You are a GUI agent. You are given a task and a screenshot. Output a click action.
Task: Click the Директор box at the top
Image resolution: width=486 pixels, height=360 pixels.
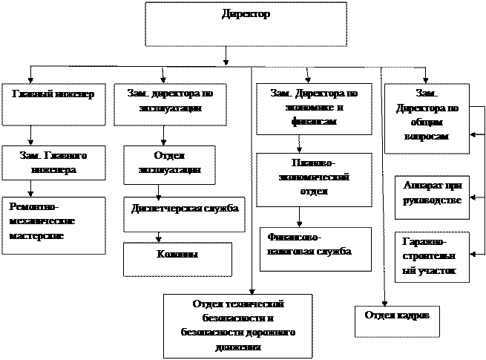pyautogui.click(x=246, y=24)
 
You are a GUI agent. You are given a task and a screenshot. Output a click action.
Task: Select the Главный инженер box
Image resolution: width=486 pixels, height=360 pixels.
pyautogui.click(x=54, y=104)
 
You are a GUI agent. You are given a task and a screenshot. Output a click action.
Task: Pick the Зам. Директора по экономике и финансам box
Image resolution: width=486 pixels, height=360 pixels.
pyautogui.click(x=314, y=108)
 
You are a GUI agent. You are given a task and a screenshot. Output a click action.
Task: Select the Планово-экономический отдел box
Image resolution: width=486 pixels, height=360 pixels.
pyautogui.click(x=314, y=179)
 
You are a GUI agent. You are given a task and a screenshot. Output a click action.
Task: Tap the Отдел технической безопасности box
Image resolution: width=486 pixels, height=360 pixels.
pyautogui.click(x=238, y=325)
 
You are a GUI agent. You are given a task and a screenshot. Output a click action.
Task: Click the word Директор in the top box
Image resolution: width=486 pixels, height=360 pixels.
pyautogui.click(x=246, y=14)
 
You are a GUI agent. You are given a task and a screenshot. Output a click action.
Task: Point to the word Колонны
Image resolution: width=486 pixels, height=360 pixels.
pyautogui.click(x=177, y=255)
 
